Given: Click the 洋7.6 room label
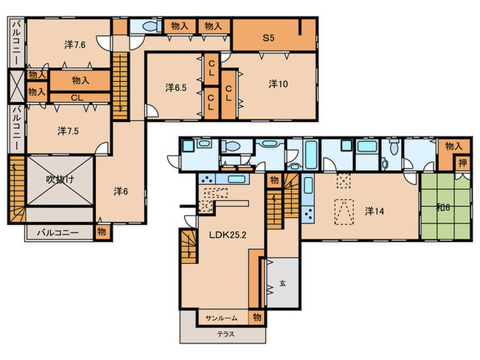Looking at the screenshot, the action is pos(75,45).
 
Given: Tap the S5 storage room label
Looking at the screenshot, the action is pos(269,38).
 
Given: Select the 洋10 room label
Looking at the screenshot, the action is pos(278,84).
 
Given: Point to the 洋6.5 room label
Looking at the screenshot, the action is pos(176,88).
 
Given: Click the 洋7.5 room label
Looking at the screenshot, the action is pos(68,131).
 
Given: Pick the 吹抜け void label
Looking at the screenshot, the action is pos(60,180).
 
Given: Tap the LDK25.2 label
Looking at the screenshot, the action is pos(228,235).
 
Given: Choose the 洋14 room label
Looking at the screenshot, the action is pos(374,211).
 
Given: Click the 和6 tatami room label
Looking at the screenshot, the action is pos(443,208).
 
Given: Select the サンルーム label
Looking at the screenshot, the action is pos(221,318).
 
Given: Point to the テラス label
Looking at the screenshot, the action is pos(226,335).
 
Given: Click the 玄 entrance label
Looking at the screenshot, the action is pos(283,283).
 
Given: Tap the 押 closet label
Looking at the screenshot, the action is pos(462,163).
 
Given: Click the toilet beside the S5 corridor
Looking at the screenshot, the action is pos(152,27).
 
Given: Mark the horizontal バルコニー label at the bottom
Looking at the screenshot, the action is pos(58,232).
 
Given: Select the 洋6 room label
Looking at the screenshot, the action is pos(121,191).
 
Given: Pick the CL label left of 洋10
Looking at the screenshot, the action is pos(228,93).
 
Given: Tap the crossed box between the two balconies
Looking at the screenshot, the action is pos(16,86).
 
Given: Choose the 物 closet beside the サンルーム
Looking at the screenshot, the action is pos(256,317).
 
